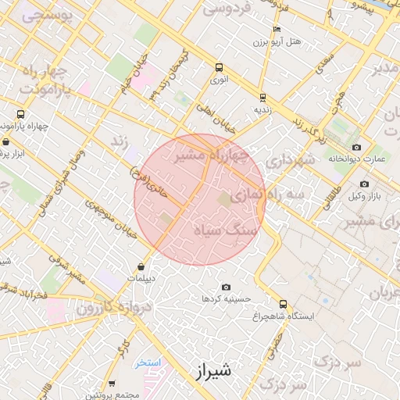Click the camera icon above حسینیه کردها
(x=227, y=287)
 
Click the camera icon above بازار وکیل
(x=364, y=184)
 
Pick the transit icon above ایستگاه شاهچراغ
(x=282, y=304)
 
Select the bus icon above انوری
(x=219, y=67)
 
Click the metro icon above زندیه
(x=262, y=98)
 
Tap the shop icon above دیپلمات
(x=141, y=266)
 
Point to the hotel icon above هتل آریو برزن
(x=277, y=29)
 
